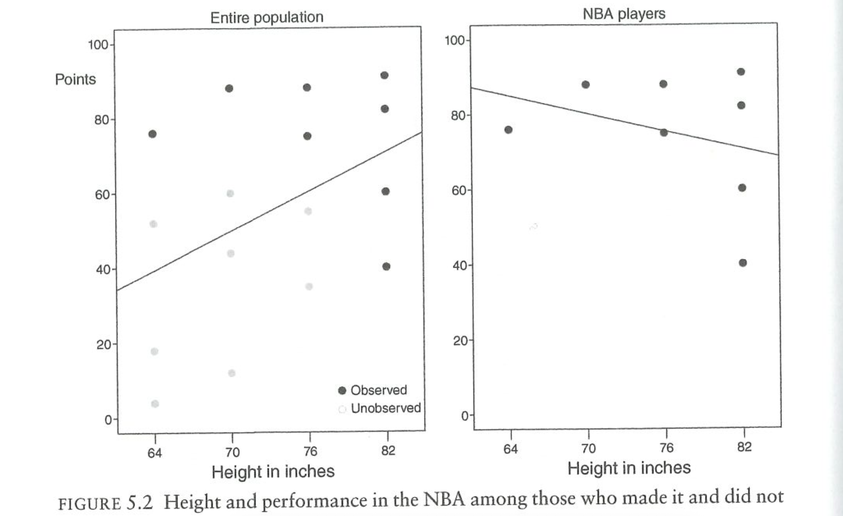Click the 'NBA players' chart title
coord(624,14)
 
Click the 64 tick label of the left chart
coord(154,453)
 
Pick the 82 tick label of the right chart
coord(744,447)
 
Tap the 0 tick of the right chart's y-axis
coord(465,416)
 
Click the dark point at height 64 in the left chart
coord(153,134)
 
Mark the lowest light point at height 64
coord(155,404)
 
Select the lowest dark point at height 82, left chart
coord(386,266)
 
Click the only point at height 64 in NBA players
coord(508,130)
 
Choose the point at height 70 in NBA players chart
coord(586,85)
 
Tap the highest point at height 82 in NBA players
coord(741,72)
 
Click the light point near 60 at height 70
coord(230,193)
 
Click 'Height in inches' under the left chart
coord(273,472)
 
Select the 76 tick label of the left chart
coord(310,452)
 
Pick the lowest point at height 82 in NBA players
coord(743,263)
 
